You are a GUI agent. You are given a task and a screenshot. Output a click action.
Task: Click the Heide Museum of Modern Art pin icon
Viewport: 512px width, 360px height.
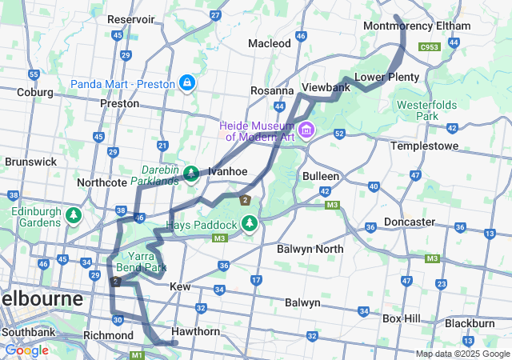point(306,130)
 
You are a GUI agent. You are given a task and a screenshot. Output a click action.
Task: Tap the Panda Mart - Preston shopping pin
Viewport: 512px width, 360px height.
point(186,82)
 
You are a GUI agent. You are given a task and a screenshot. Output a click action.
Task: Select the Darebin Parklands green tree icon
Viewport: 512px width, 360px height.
point(192,173)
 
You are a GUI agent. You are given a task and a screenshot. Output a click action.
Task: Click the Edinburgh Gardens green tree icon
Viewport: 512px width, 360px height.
point(74,215)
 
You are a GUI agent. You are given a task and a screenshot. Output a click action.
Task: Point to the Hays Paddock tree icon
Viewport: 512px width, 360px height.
point(250,222)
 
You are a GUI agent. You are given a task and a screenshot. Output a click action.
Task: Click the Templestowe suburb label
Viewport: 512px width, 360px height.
point(424,146)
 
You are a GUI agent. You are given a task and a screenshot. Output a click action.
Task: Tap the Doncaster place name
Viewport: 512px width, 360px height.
point(410,222)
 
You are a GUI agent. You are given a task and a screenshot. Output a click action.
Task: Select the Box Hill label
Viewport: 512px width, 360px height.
point(402,318)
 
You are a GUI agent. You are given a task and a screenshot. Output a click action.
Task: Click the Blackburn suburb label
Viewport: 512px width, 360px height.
point(470,323)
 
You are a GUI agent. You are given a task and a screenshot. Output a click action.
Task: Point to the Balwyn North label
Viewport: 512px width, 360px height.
point(310,250)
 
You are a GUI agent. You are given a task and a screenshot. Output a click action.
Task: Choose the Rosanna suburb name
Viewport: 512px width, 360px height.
point(272,91)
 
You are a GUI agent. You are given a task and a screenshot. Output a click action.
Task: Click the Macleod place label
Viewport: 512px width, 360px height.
point(270,43)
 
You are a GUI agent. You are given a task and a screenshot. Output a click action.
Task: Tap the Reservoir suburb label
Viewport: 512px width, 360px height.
point(130,18)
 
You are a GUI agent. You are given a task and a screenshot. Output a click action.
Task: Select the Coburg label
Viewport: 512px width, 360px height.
point(34,92)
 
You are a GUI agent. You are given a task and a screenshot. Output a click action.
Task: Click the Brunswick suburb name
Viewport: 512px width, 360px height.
point(30,161)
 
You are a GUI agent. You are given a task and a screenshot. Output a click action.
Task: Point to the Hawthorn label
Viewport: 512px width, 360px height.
point(195,331)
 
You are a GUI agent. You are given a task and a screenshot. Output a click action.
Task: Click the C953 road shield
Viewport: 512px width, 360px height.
point(430,47)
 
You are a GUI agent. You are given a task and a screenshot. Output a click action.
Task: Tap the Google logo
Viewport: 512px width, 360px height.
point(26,350)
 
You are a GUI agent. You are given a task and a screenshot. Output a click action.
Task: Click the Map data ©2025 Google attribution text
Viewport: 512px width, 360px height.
point(462,354)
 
